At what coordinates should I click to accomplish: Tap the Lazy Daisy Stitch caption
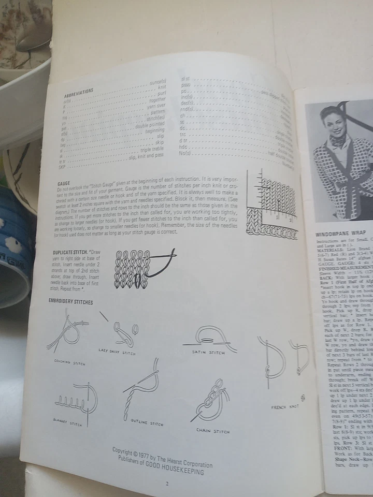(x=117, y=351)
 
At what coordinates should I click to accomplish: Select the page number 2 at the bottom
(x=167, y=484)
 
